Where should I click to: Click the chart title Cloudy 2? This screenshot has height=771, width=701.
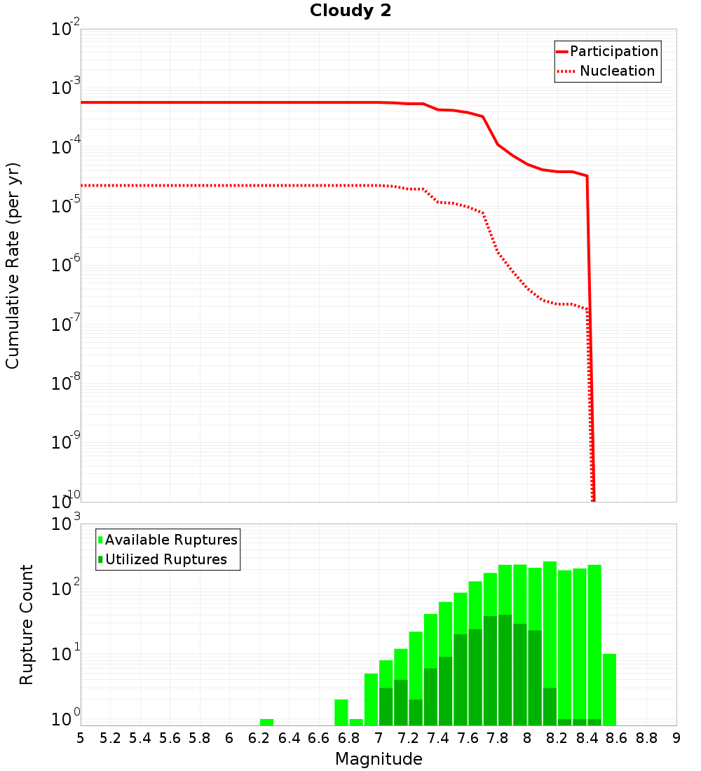(350, 11)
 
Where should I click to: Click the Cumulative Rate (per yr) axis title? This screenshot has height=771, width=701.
(13, 266)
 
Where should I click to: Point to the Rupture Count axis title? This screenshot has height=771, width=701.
(27, 625)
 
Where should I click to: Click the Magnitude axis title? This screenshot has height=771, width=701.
(379, 758)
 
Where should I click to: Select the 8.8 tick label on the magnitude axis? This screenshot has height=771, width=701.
(646, 738)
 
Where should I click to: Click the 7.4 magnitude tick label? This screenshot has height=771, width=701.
(438, 738)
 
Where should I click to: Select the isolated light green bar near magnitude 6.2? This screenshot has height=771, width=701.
(266, 722)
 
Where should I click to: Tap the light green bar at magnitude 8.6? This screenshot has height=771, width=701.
(609, 690)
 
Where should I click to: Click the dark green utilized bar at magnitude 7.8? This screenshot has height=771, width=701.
(505, 669)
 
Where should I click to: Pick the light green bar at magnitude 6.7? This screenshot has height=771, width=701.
(341, 712)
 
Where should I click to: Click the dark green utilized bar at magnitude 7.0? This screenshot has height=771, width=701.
(386, 707)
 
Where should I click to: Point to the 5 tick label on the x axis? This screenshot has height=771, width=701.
(81, 738)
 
